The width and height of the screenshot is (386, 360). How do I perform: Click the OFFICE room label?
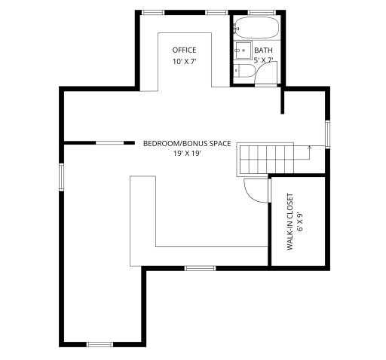184,50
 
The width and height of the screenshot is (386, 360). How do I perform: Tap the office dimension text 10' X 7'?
184,61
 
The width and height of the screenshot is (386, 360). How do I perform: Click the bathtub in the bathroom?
255,29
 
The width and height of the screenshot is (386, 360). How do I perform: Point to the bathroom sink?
242,51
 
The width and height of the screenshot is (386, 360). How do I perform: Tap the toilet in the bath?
243,71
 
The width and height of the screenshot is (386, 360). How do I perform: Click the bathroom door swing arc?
265,72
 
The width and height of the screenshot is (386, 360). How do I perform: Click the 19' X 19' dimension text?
187,154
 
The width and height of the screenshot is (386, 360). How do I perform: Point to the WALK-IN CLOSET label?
290,222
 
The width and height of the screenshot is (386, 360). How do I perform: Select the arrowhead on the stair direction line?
309,149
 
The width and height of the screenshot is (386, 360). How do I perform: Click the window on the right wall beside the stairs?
328,133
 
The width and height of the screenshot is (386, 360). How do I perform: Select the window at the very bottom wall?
100,344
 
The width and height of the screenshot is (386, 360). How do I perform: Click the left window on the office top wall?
153,12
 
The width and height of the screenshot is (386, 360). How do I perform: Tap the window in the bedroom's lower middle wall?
200,268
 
